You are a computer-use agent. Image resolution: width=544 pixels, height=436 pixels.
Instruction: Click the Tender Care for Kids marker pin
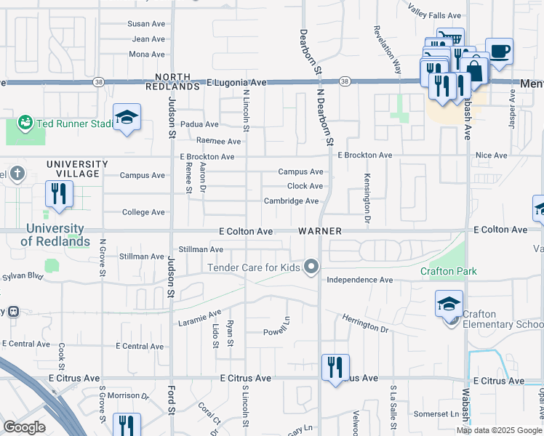312,267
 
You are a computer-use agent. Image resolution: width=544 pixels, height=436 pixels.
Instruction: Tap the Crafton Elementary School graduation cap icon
449,303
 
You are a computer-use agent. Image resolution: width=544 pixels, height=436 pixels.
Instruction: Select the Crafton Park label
448,271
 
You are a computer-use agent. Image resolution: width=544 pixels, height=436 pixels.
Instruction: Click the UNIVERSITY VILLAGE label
77,169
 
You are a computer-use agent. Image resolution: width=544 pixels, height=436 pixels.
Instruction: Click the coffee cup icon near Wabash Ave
499,52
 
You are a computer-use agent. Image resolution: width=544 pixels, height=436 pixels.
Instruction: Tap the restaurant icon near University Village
57,195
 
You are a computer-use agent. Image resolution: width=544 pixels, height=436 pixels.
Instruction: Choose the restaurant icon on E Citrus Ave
335,367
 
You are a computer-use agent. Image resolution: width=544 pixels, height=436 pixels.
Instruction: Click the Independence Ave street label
359,280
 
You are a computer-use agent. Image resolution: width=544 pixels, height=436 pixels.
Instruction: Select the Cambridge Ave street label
291,201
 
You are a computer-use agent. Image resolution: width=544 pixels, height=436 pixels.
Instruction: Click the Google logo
24,427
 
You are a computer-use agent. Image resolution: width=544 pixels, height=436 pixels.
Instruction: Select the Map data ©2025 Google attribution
499,430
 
